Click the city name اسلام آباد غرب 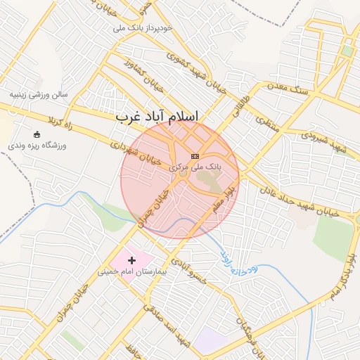[x=157, y=117]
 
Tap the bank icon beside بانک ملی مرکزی [x=195, y=156]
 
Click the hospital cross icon [x=131, y=260]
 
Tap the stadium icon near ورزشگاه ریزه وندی [x=37, y=134]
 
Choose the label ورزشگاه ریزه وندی [x=36, y=144]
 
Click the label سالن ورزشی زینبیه [x=39, y=94]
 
